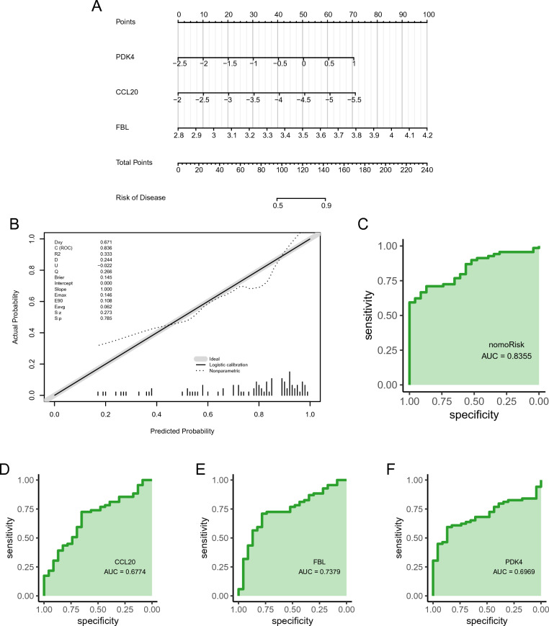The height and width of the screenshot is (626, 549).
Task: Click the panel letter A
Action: (x=97, y=8)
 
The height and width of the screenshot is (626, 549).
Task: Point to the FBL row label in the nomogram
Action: (x=122, y=128)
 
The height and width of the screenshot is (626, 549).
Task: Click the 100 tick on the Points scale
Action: (x=429, y=14)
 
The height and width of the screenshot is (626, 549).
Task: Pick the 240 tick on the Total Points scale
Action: (x=427, y=171)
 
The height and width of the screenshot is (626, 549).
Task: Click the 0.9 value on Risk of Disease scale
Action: (x=325, y=207)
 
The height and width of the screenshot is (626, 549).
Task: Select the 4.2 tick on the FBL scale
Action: (x=427, y=135)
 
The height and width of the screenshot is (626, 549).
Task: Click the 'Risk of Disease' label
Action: (x=141, y=197)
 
